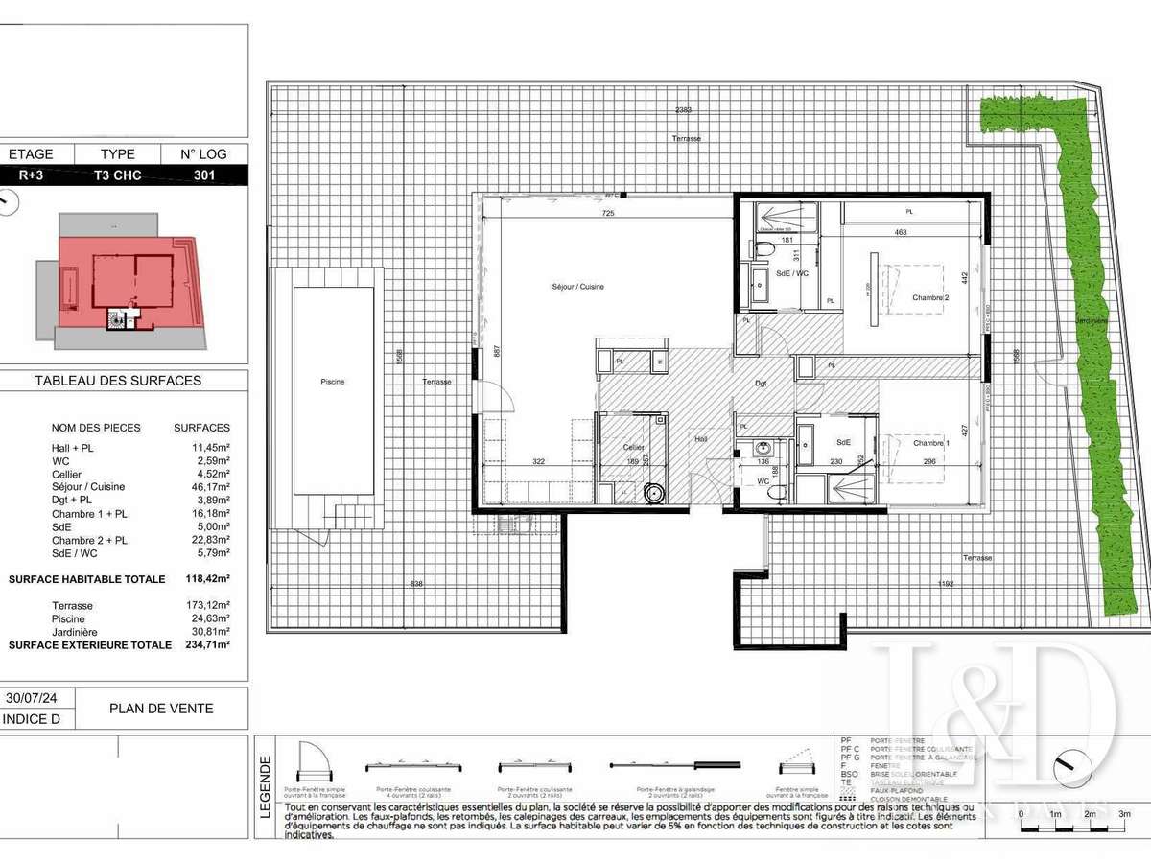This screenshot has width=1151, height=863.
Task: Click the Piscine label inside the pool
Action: pos(332,382)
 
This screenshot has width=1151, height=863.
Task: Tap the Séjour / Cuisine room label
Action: pos(577,287)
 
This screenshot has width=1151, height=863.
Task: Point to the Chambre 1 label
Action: pos(929,442)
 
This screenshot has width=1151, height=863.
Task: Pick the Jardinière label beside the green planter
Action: pos(1092,320)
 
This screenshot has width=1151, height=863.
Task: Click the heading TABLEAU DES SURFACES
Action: pos(118,380)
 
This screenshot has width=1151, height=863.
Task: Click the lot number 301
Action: pos(204,175)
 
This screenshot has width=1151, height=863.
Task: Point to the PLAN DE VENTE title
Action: pos(161,709)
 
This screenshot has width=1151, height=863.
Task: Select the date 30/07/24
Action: pos(33,699)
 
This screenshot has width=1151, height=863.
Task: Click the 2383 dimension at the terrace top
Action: pos(683,110)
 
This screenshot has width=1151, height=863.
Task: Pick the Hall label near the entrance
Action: pos(700,440)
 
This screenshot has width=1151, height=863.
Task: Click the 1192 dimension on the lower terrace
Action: pos(948,584)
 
